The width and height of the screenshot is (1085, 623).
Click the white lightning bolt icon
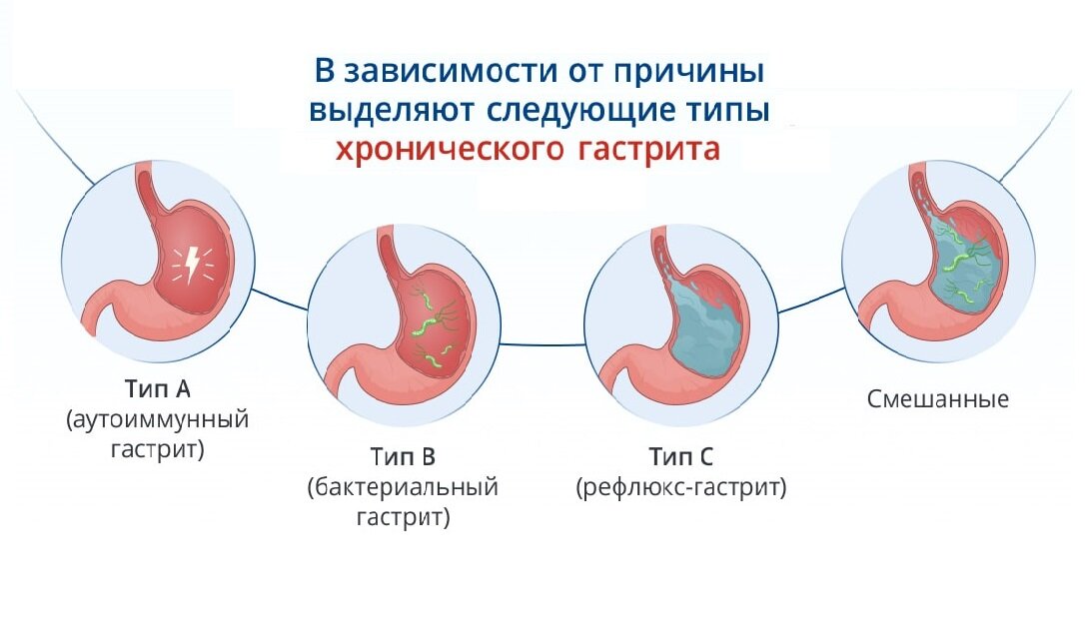click(187, 265)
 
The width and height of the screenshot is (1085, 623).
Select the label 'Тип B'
click(403, 457)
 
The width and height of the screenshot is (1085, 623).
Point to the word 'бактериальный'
click(403, 488)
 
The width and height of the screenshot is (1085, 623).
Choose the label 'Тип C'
click(680, 457)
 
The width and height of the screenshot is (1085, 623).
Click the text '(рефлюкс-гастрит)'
click(680, 488)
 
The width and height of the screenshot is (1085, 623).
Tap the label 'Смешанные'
click(937, 399)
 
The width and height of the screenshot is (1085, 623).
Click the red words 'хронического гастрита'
click(527, 149)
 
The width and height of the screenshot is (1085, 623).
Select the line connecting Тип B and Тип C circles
click(541, 343)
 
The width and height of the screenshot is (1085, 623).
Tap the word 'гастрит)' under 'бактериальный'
click(403, 519)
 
